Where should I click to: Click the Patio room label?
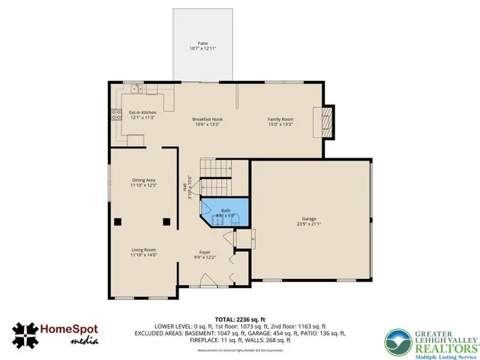tap(202, 43)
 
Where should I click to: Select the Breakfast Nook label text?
tap(207, 119)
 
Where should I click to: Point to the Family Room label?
tap(280, 119)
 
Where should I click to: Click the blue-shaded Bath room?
tap(225, 212)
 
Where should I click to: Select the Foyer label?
tap(204, 252)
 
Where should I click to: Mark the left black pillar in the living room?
tap(118, 221)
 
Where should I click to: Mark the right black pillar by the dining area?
tap(167, 221)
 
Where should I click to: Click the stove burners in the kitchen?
tap(116, 115)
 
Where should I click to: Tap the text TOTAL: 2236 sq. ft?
tap(240, 318)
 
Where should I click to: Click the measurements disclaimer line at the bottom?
tap(239, 350)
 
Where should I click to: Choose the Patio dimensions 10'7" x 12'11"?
tap(202, 49)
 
